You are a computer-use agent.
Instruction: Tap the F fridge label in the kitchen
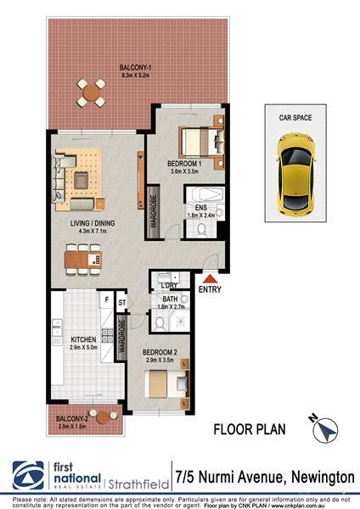[x=105, y=299]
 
